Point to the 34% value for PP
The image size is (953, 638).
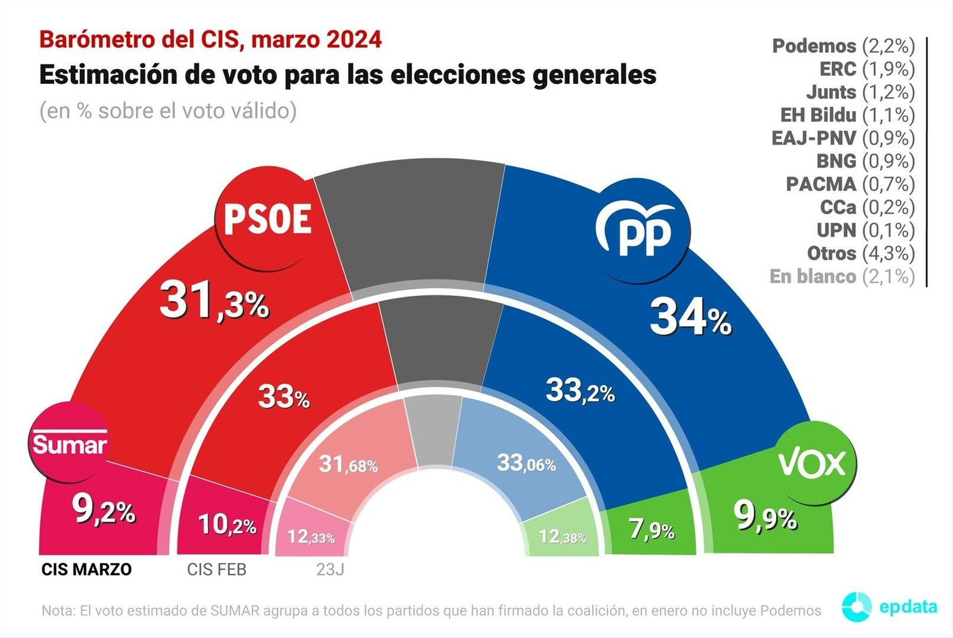point(690,318)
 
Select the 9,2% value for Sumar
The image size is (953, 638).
point(103,509)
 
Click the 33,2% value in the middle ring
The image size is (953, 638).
point(580,392)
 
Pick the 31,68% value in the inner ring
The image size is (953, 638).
point(348,464)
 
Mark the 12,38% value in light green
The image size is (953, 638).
point(562,537)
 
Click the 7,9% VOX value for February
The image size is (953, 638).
point(652,528)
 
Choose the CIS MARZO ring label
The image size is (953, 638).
point(86,570)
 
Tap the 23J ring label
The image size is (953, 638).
point(330,570)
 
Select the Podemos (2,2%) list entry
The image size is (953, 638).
point(843,46)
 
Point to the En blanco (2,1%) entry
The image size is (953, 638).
point(842,276)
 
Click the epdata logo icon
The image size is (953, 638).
point(857,607)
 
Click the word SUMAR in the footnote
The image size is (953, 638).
point(235,611)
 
